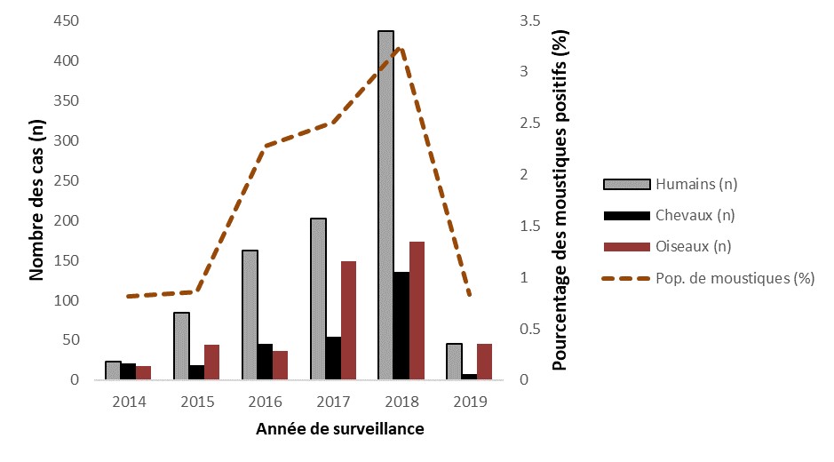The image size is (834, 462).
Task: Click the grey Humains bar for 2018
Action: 385,206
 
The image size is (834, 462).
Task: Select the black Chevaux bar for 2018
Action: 401,326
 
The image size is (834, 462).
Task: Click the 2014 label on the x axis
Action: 129,402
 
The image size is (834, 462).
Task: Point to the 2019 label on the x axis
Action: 470,402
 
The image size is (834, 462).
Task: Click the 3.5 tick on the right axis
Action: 531,21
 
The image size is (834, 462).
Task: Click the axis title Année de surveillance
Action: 339,430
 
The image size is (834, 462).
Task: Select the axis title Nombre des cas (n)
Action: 37,200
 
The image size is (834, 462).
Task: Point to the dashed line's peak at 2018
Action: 401,48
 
